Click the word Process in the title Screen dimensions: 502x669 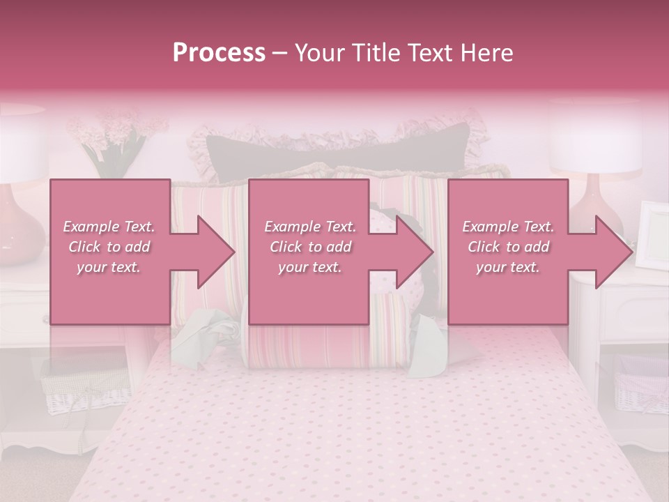click(219, 53)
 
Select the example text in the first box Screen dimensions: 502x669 click(109, 247)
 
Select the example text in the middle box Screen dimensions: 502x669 click(309, 247)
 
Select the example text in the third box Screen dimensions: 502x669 click(508, 247)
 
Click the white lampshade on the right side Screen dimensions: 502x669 click(595, 143)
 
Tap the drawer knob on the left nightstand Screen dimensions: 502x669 click(47, 319)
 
